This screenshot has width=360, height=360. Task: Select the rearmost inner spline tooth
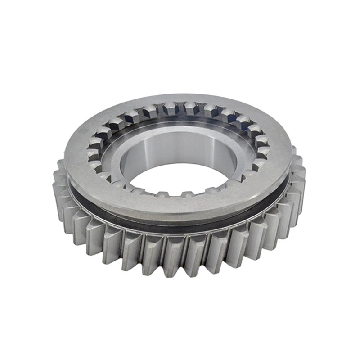point(171,108)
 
